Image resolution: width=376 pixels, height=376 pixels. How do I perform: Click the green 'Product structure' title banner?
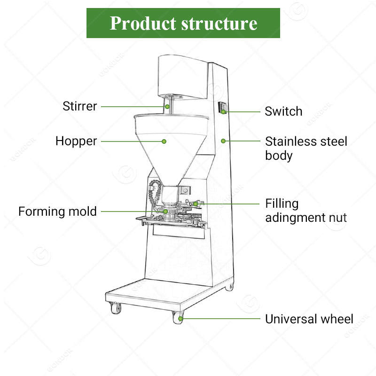pos(183,23)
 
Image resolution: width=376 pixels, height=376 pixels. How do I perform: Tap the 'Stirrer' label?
pos(80,106)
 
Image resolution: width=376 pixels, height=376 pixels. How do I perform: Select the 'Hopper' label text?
pos(76,141)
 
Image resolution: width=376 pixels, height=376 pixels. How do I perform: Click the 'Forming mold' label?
pos(57,211)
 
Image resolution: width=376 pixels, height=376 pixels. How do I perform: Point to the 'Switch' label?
pos(283,112)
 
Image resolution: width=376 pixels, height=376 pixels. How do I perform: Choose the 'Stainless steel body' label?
pos(305,148)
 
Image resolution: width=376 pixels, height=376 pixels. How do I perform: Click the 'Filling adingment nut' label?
pos(305,211)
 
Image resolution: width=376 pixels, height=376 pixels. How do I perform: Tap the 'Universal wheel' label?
pos(309,319)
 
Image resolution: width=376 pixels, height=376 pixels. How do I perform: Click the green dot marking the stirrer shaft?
pos(167,106)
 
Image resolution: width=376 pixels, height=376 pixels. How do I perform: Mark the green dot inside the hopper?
pos(164,141)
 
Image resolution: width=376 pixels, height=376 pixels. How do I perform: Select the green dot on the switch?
pos(224,112)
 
